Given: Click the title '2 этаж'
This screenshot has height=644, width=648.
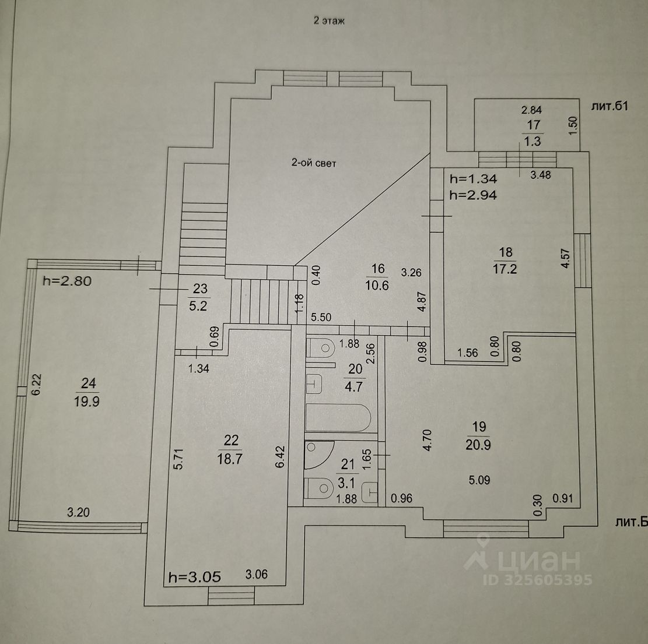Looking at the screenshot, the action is [330, 22].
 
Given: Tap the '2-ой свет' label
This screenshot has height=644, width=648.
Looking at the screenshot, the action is [314, 164].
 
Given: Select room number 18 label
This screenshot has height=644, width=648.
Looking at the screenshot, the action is [506, 252].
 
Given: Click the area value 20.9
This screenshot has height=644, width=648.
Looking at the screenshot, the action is [478, 445].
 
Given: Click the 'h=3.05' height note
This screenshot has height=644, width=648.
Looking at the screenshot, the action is [194, 578].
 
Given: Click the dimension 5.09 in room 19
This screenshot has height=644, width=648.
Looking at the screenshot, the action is [479, 481].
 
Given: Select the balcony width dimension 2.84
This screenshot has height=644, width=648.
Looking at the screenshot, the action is [531, 110].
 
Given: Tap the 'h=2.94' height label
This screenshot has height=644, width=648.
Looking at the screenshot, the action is [473, 196].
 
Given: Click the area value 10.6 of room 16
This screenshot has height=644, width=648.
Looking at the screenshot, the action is [378, 286].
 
